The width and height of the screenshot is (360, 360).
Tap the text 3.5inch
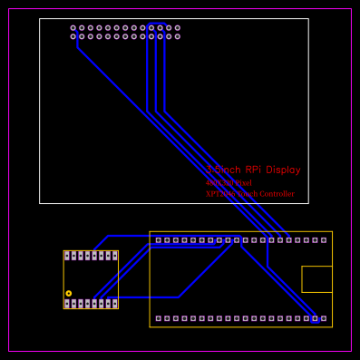222,170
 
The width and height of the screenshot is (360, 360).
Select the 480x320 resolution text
229,183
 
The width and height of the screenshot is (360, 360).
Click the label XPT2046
220,194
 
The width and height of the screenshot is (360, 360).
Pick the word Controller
277,194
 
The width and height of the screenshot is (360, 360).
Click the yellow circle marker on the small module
68,293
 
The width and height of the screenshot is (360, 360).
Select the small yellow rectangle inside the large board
316,279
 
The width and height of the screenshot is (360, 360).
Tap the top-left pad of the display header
73,28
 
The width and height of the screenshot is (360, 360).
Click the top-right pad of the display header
177,28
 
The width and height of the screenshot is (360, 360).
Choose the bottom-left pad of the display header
73,36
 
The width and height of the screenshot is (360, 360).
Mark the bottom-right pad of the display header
177,36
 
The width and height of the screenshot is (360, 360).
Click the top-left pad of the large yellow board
159,240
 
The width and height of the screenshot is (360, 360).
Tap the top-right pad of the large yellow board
324,240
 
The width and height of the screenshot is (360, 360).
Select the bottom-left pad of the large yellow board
159,318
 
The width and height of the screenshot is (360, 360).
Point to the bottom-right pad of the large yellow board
324,318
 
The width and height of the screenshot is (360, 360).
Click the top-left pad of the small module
67,257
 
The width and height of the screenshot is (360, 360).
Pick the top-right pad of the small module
114,257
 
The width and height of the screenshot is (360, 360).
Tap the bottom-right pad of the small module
114,304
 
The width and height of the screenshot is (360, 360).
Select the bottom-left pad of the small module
67,304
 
